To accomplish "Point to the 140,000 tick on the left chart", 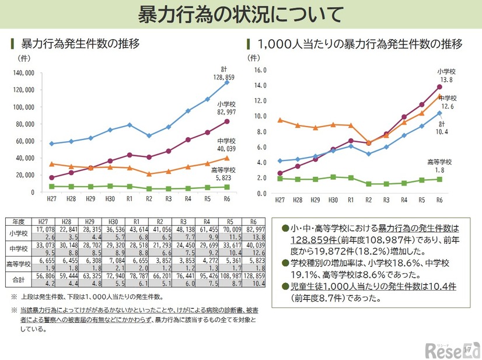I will point(23,74).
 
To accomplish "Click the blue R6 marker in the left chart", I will point(227,82).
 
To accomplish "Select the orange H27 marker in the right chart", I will point(280,120).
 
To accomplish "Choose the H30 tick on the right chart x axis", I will point(333,200).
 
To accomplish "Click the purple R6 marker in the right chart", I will point(439,87).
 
